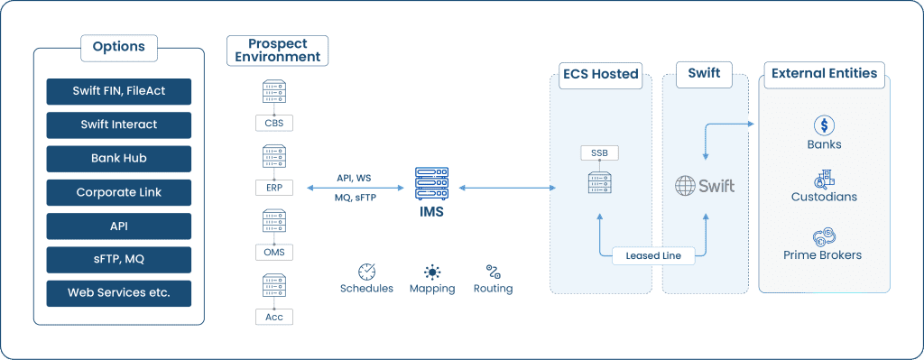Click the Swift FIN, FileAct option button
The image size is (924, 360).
[119, 90]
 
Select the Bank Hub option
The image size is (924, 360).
[119, 158]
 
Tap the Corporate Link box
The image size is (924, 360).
[119, 192]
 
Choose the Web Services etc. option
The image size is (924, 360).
[119, 292]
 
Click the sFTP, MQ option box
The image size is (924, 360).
[119, 259]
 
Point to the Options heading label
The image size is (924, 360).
[119, 47]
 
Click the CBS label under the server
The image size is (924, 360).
[274, 123]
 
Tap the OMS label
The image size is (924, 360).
[274, 252]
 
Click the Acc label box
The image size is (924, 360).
[274, 316]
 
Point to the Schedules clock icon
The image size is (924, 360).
[366, 272]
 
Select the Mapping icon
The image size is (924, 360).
[432, 272]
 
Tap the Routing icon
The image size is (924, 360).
[493, 272]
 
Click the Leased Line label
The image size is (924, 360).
[653, 255]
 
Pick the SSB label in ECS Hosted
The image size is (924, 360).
[599, 152]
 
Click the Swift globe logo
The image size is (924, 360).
[686, 186]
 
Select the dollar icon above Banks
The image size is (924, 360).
[823, 125]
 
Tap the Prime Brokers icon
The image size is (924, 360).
[823, 236]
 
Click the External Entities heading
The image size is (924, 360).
[824, 73]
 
